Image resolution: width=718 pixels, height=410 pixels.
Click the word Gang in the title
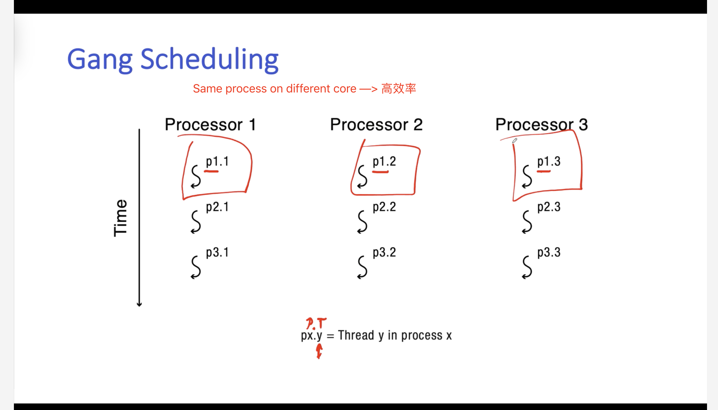point(100,60)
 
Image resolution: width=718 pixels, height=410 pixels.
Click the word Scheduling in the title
point(210,59)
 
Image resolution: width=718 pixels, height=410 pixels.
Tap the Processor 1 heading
point(211,124)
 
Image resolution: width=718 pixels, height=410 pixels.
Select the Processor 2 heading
point(376,124)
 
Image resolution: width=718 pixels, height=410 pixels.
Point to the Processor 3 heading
point(542,124)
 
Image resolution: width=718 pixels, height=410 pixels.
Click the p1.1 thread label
point(217,161)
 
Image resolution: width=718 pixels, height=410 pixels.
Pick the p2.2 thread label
point(384,207)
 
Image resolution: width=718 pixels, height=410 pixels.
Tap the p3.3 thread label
point(549,252)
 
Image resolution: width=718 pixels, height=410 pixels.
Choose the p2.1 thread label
point(217,207)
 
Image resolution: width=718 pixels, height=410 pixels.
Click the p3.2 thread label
point(384,252)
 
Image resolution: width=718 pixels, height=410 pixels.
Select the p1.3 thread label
point(549,161)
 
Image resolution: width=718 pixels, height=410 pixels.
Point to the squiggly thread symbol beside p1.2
point(363,177)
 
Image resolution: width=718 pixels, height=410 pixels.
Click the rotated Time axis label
point(120,218)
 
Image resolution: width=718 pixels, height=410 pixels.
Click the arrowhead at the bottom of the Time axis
point(139,305)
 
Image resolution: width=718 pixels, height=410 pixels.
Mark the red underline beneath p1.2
point(380,172)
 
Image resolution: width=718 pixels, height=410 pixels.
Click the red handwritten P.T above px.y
point(316,323)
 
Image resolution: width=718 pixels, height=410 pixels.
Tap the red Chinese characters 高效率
point(399,89)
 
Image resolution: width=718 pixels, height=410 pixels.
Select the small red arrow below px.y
point(319,351)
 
